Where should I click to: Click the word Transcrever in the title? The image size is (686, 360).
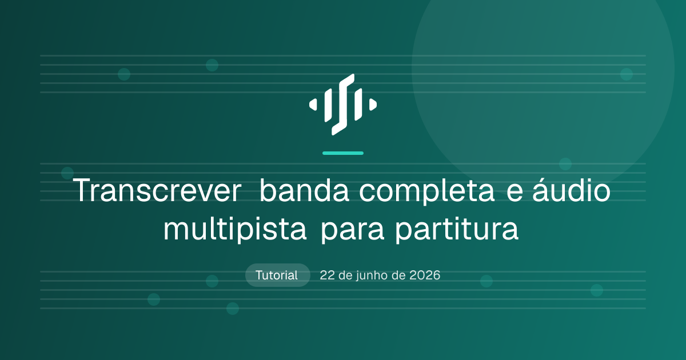pos(157,190)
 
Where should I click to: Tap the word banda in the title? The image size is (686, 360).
pos(304,190)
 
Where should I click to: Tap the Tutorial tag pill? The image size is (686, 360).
pos(277,275)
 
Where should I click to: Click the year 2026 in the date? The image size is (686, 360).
pos(425,275)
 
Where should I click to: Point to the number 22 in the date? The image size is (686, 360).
pos(328,275)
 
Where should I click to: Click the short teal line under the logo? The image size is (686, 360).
pos(343,153)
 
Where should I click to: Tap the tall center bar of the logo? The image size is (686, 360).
pos(343,105)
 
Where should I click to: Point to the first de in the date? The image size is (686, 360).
pos(346,275)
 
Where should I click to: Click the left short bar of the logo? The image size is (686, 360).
pos(328,105)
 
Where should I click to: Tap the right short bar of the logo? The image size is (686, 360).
pos(358,105)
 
